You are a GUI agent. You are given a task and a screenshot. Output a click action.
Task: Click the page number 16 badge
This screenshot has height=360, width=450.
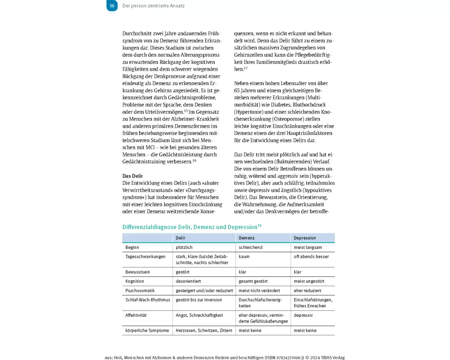(112, 6)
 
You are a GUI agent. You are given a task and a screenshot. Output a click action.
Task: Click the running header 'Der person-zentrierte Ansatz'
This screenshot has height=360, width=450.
(153, 6)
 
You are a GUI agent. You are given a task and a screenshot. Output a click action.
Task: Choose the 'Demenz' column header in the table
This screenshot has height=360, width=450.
(247, 238)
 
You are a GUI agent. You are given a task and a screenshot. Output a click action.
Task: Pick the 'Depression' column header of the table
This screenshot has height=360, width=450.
(305, 238)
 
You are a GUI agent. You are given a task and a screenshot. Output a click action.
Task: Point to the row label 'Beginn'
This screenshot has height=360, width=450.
(132, 247)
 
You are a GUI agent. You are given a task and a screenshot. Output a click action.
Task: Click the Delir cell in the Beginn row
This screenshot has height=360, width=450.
(185, 247)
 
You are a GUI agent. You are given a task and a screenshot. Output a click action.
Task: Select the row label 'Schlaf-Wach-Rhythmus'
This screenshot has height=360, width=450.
(148, 300)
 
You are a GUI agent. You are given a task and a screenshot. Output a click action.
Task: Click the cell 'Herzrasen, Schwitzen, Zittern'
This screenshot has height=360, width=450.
(204, 330)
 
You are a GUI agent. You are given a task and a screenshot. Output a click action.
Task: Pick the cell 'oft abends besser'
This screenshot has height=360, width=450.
(311, 256)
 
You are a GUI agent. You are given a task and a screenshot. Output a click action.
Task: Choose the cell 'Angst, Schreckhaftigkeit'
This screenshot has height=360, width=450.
(199, 315)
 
